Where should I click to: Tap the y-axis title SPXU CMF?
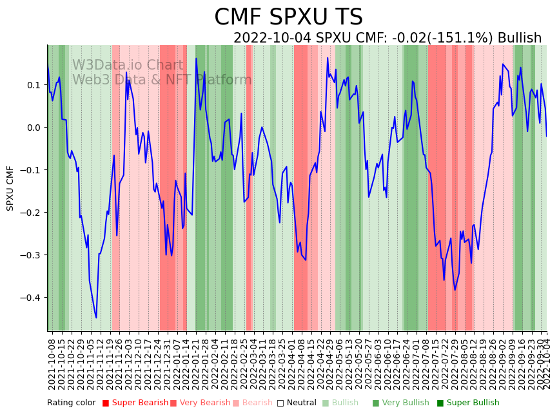click(x=10, y=188)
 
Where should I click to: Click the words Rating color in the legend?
click(x=71, y=403)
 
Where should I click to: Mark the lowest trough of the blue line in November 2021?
click(x=96, y=318)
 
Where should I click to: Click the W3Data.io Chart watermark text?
click(x=128, y=66)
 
